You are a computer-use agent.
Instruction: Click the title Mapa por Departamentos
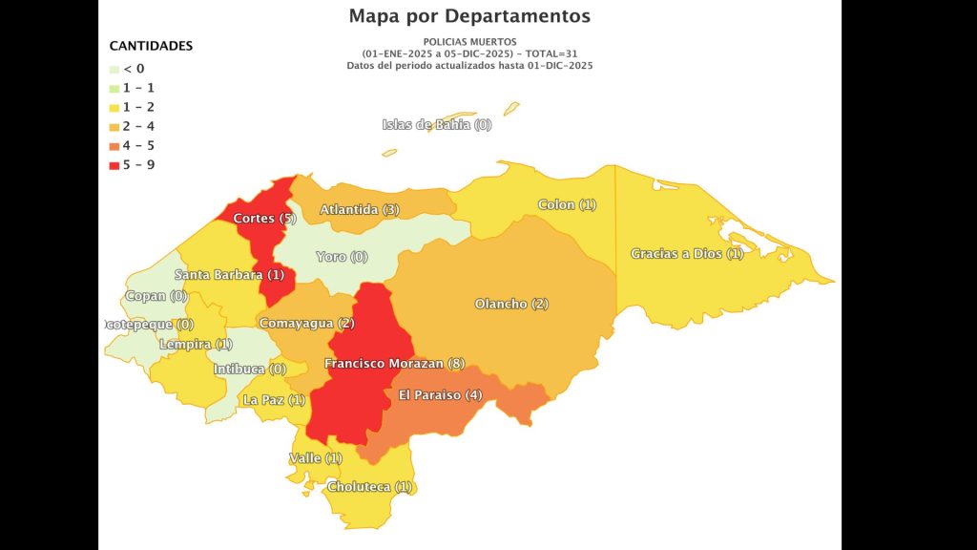click(469, 16)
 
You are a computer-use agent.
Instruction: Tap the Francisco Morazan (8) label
click(394, 364)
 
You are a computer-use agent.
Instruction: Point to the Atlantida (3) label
click(360, 209)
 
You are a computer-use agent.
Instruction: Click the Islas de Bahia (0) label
click(437, 125)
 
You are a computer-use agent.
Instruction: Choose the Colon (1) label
click(567, 204)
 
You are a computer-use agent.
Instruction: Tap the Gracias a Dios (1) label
click(687, 254)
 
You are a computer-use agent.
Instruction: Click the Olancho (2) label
click(511, 304)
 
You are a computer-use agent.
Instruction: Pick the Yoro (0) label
click(342, 257)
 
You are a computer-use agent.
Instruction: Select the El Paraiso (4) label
click(440, 395)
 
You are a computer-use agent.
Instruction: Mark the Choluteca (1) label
click(369, 487)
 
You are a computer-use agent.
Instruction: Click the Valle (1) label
click(315, 458)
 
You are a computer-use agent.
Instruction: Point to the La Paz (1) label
click(274, 400)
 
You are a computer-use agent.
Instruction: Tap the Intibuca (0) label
click(249, 369)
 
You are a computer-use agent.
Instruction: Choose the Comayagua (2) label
click(306, 324)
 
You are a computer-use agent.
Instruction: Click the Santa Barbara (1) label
click(229, 275)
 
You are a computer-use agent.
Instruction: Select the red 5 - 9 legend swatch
click(114, 165)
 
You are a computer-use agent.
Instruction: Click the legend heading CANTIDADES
click(151, 46)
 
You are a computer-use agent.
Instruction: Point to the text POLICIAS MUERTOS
click(469, 42)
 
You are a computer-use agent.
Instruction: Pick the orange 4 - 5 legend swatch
click(114, 146)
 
